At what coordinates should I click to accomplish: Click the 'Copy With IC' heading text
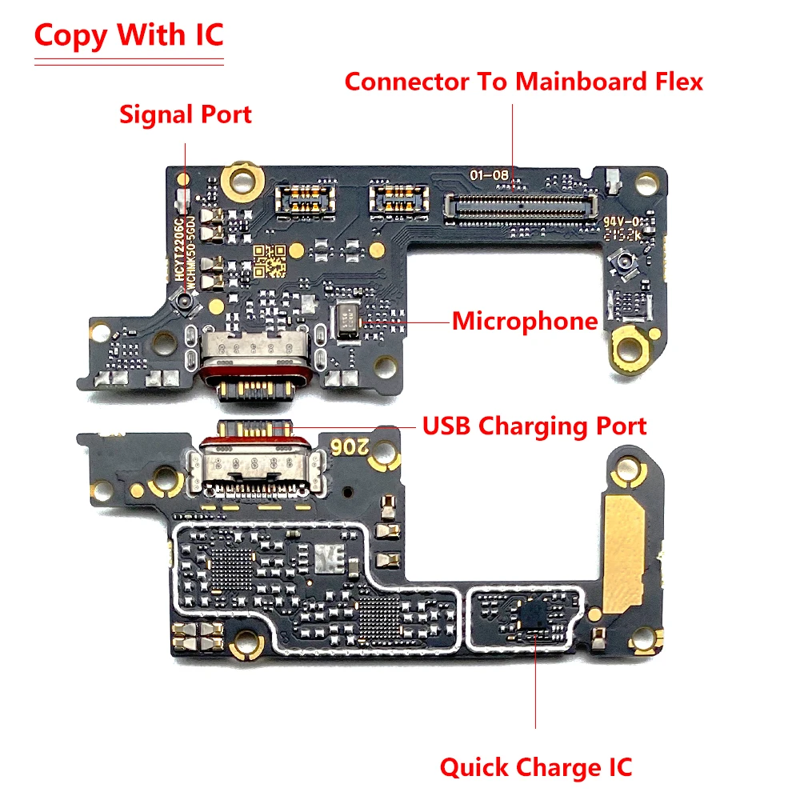pos(129,36)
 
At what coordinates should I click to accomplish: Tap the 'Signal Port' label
pos(186,114)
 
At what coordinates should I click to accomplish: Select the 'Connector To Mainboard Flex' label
pos(524,82)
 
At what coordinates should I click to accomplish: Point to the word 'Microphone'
pos(525,322)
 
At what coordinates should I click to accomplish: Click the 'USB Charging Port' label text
pos(534,426)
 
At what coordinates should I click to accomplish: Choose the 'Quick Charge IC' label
pos(535,768)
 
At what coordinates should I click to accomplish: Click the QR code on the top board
pos(270,259)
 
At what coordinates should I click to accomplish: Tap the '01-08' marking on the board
pos(487,174)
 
